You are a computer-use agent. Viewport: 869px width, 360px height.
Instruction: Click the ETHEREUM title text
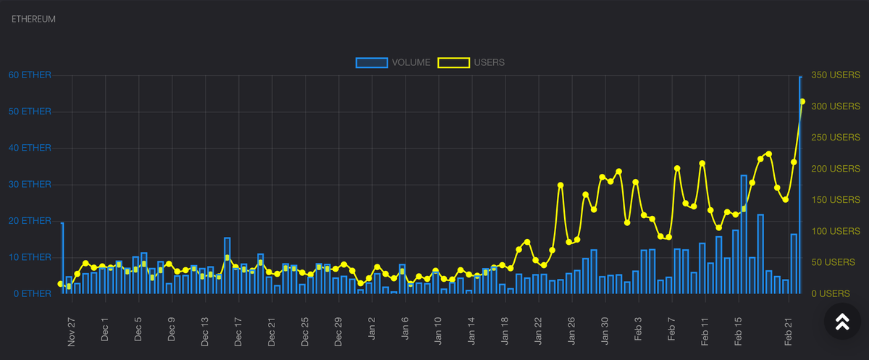(x=34, y=19)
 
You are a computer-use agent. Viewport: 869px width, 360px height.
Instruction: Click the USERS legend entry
(x=489, y=62)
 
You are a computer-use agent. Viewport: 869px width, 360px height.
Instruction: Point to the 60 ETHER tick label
(x=30, y=75)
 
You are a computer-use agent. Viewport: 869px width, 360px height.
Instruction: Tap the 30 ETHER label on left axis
(x=30, y=185)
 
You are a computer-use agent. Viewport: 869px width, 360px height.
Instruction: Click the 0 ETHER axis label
(x=33, y=294)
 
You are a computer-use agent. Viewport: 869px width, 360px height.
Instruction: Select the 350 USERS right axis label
(x=835, y=75)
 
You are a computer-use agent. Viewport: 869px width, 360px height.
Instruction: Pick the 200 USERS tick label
(x=835, y=169)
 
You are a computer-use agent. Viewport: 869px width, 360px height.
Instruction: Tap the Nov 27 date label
(x=72, y=332)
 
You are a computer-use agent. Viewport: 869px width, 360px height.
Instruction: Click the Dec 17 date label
(x=238, y=332)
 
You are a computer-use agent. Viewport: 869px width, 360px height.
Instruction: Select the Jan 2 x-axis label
(x=371, y=330)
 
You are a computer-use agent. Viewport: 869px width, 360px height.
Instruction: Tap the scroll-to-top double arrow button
(x=842, y=322)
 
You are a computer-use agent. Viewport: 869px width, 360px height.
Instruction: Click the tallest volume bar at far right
(x=801, y=185)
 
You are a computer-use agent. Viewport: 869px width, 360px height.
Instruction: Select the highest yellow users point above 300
(x=802, y=101)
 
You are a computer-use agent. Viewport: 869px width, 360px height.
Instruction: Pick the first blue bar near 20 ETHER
(x=62, y=258)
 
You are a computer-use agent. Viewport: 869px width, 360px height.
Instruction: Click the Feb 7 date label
(x=671, y=330)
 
